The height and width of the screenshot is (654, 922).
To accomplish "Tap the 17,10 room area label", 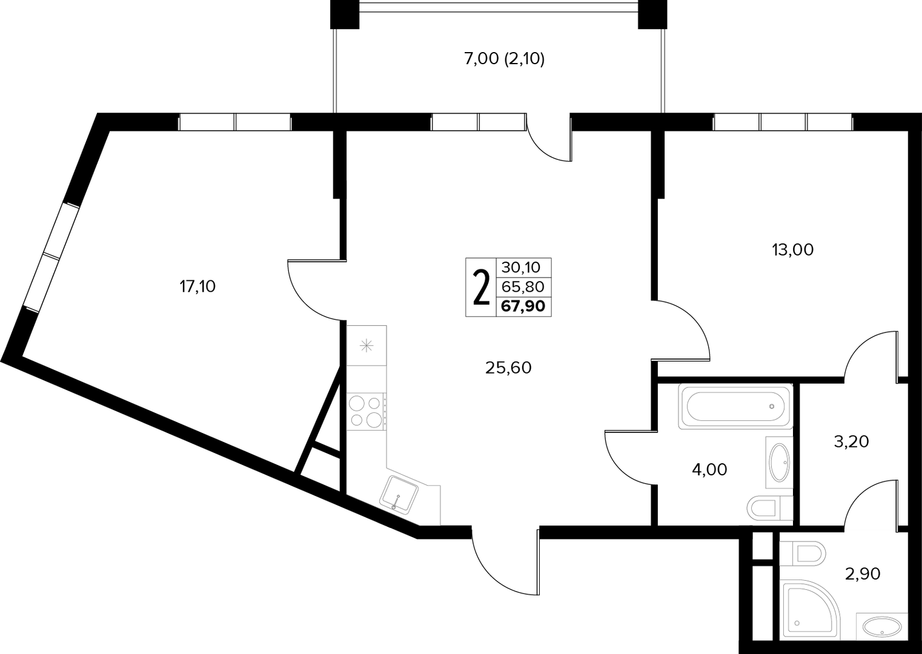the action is (x=197, y=286).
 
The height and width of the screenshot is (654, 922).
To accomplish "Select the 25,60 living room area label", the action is (x=508, y=368).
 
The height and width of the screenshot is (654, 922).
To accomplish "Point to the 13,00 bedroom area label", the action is (x=793, y=250).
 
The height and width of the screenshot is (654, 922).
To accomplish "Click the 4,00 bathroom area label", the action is (x=709, y=469).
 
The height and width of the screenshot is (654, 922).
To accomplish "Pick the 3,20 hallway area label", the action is (x=851, y=441).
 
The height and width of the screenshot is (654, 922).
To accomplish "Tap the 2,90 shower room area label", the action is (x=862, y=573).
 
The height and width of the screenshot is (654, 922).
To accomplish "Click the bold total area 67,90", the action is (x=523, y=306).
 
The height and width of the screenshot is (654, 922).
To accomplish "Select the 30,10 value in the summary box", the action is (x=521, y=268).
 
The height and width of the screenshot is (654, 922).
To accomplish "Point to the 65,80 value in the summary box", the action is (x=523, y=286).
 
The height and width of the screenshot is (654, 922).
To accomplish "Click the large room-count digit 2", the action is (x=481, y=287).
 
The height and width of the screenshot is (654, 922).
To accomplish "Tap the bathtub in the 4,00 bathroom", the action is (x=735, y=407).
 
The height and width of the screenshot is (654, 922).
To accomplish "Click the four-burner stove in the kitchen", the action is (x=366, y=412).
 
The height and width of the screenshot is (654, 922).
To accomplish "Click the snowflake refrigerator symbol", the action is (x=366, y=346).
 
